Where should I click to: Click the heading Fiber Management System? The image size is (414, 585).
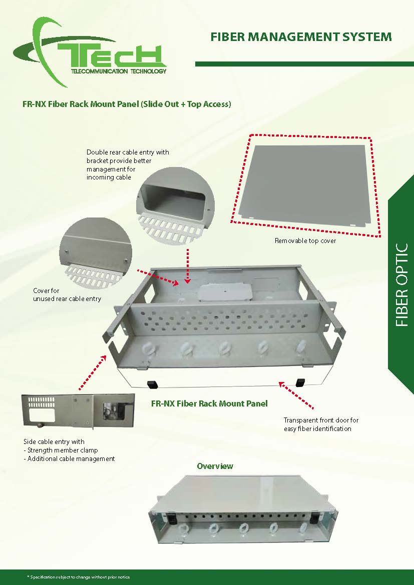[301, 36]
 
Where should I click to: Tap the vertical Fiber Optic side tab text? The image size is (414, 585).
[401, 285]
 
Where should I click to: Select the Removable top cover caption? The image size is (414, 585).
[305, 240]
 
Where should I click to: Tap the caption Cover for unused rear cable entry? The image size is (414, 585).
[67, 294]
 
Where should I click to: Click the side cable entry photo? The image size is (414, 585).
[78, 410]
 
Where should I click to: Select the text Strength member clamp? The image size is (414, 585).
[63, 450]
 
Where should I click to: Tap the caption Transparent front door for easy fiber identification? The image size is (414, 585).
[321, 424]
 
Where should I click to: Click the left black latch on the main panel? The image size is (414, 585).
[153, 383]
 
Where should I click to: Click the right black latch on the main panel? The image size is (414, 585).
[300, 382]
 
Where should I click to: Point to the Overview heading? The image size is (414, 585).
[215, 466]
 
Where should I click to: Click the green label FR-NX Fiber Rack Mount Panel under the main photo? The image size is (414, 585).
[209, 403]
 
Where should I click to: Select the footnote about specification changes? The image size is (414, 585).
[79, 577]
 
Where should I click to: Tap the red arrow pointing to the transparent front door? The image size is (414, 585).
[296, 395]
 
